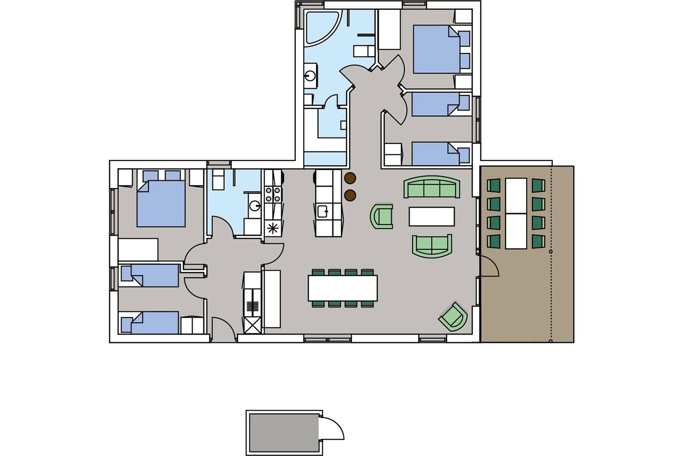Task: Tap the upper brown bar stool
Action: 350,178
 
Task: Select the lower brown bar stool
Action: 350,195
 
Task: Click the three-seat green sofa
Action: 432,187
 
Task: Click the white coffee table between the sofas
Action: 432,216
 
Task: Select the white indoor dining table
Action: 343,288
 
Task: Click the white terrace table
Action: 516,213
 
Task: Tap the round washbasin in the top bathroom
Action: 310,77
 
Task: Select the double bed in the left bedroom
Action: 161,204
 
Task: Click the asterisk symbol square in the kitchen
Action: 273,229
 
